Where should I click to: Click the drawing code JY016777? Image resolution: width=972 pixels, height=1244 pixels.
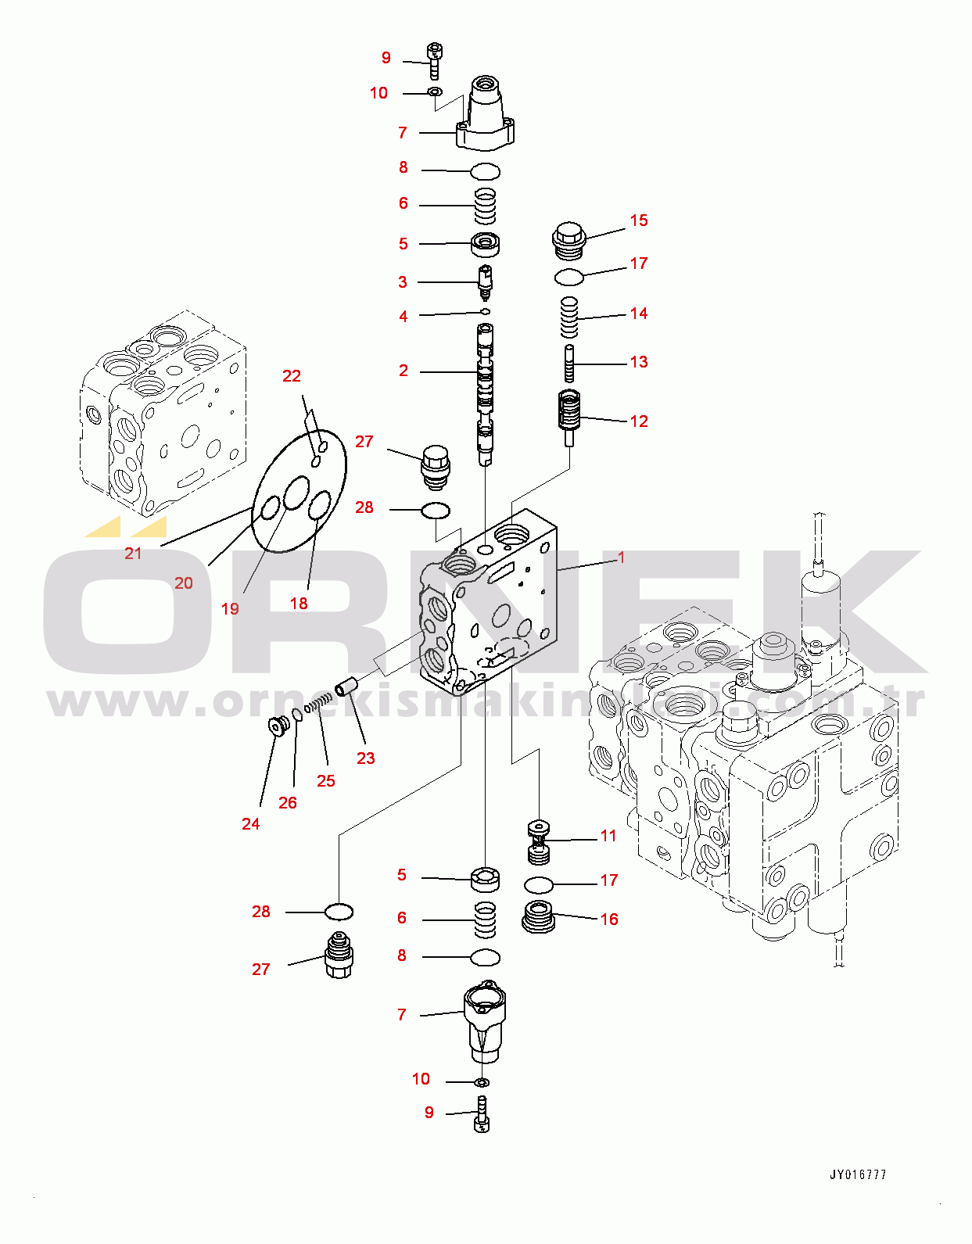pos(858,1174)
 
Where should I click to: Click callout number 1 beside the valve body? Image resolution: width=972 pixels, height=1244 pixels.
pos(622,557)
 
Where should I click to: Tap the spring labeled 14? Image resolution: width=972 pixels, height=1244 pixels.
pos(569,317)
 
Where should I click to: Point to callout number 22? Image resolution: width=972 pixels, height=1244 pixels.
pos(292,376)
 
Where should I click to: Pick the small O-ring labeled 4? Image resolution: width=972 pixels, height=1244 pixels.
pos(485,312)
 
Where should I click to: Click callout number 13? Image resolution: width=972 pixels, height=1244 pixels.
pos(639,362)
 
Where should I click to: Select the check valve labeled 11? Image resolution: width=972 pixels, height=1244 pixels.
pos(538,842)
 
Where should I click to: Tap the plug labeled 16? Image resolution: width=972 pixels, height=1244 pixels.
pos(538,916)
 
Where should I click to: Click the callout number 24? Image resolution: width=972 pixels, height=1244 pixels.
pos(250,823)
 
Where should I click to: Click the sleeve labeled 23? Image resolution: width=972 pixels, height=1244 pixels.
pos(346,687)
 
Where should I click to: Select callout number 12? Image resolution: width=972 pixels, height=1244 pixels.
pos(639,421)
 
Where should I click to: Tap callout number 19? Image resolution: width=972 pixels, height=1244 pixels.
pos(230,608)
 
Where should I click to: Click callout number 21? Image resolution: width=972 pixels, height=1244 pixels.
pos(134,554)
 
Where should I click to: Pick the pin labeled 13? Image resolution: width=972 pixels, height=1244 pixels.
pos(569,364)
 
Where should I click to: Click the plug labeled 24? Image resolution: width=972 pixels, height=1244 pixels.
pos(277,726)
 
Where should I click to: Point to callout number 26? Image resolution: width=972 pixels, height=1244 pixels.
pos(288,802)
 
